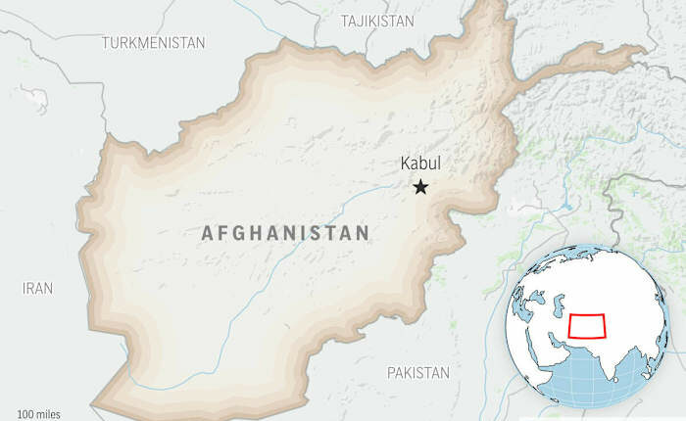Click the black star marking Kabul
pyautogui.click(x=421, y=187)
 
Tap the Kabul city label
pyautogui.click(x=421, y=165)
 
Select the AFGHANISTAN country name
pyautogui.click(x=285, y=233)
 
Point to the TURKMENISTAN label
pyautogui.click(x=154, y=43)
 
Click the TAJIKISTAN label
pyautogui.click(x=377, y=21)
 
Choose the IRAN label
pyautogui.click(x=37, y=289)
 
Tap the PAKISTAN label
pyautogui.click(x=417, y=373)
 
